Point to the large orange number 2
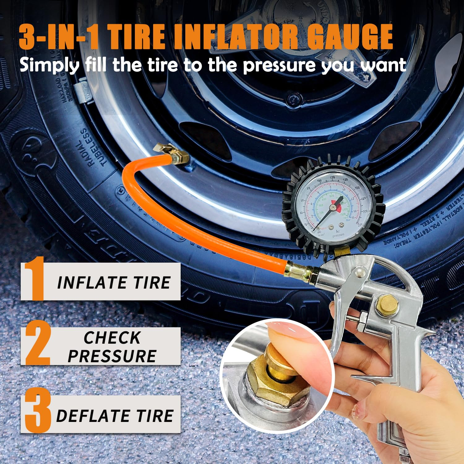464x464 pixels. pyautogui.click(x=38, y=343)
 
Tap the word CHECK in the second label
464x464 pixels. pyautogui.click(x=112, y=337)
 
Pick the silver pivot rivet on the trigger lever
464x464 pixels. pyautogui.click(x=359, y=272)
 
